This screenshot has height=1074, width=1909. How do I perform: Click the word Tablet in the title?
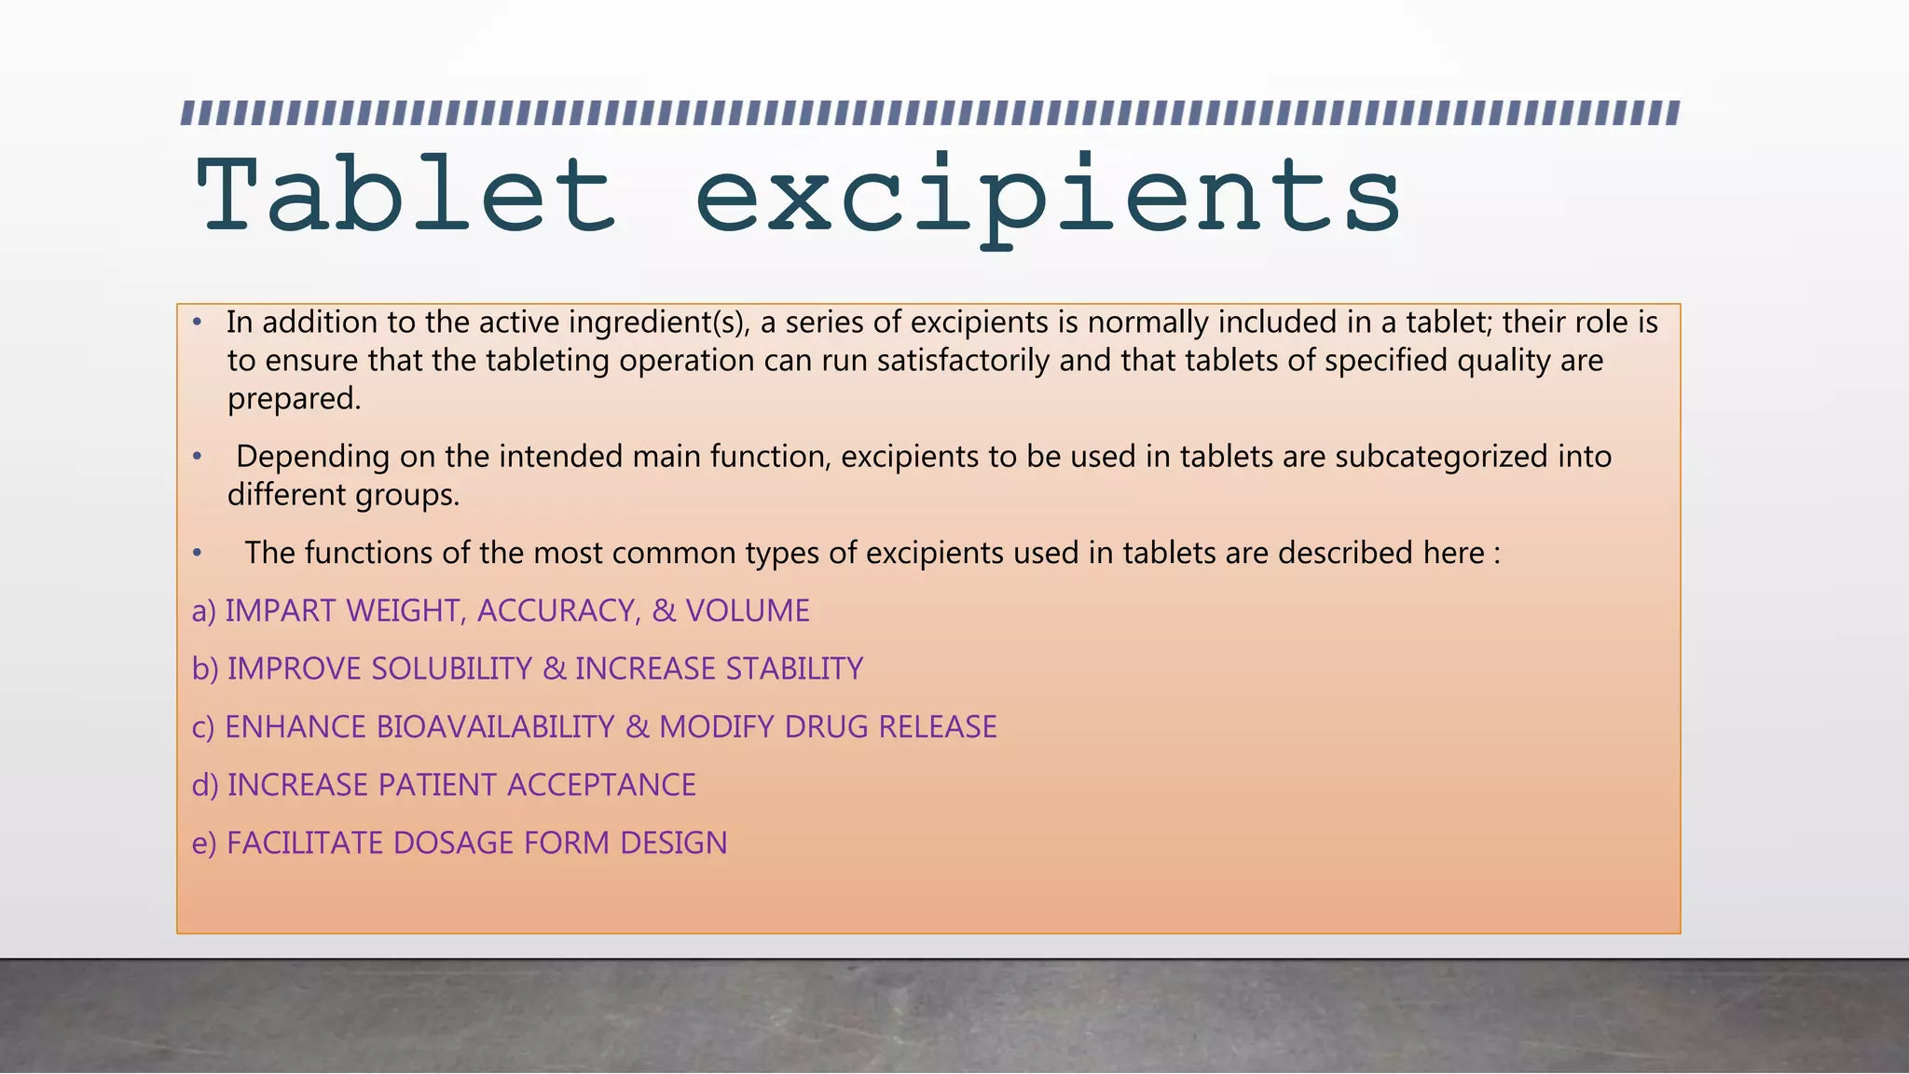(406, 196)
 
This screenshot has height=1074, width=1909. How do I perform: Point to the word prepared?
(294, 399)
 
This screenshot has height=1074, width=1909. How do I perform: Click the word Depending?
(313, 457)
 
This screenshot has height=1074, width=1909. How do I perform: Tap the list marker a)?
(203, 612)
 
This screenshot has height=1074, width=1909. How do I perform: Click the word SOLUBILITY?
(451, 669)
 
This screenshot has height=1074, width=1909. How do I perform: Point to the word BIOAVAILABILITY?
(495, 727)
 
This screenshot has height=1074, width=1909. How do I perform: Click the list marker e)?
(203, 844)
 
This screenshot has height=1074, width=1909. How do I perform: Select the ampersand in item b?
(554, 669)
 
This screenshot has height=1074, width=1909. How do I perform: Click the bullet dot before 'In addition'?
(197, 323)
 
